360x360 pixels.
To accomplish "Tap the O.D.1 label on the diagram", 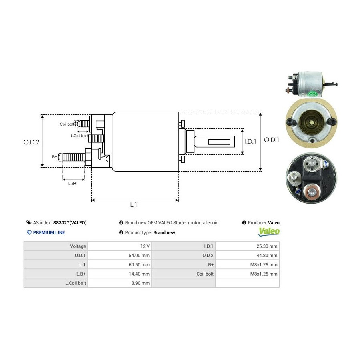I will point(272,140).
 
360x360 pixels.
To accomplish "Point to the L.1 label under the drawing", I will point(134,205).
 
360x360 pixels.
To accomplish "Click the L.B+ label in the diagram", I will point(72,183).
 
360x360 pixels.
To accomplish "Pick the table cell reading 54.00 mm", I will point(140,255).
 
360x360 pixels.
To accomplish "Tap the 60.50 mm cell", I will point(140,264).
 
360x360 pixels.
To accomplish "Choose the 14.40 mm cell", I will point(140,274).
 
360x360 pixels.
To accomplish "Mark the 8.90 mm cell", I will point(142,283).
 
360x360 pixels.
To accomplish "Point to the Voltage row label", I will point(78,246).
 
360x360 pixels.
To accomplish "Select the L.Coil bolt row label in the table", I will point(76,283).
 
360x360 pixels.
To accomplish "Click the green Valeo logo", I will point(269,231).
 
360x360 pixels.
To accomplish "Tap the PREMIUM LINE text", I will point(49,232).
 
